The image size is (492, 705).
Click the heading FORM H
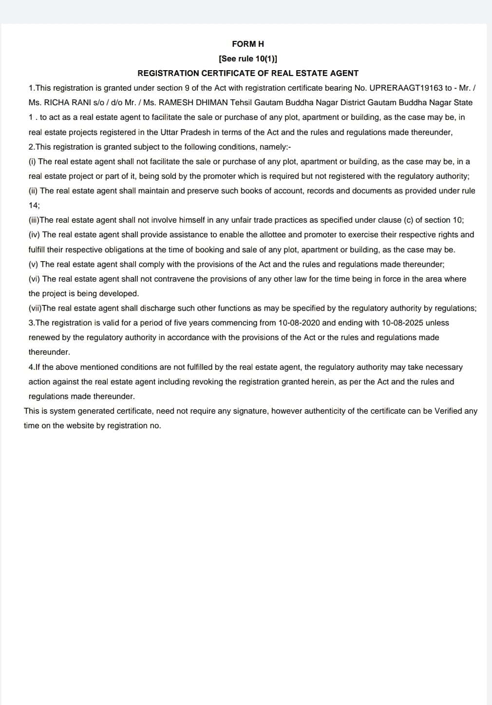248,44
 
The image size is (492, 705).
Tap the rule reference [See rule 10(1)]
248,58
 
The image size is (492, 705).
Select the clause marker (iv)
35,234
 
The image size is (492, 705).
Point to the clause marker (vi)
35,279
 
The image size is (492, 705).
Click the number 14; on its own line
34,205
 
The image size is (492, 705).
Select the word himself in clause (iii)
190,220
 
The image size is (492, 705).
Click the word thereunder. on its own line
49,352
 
